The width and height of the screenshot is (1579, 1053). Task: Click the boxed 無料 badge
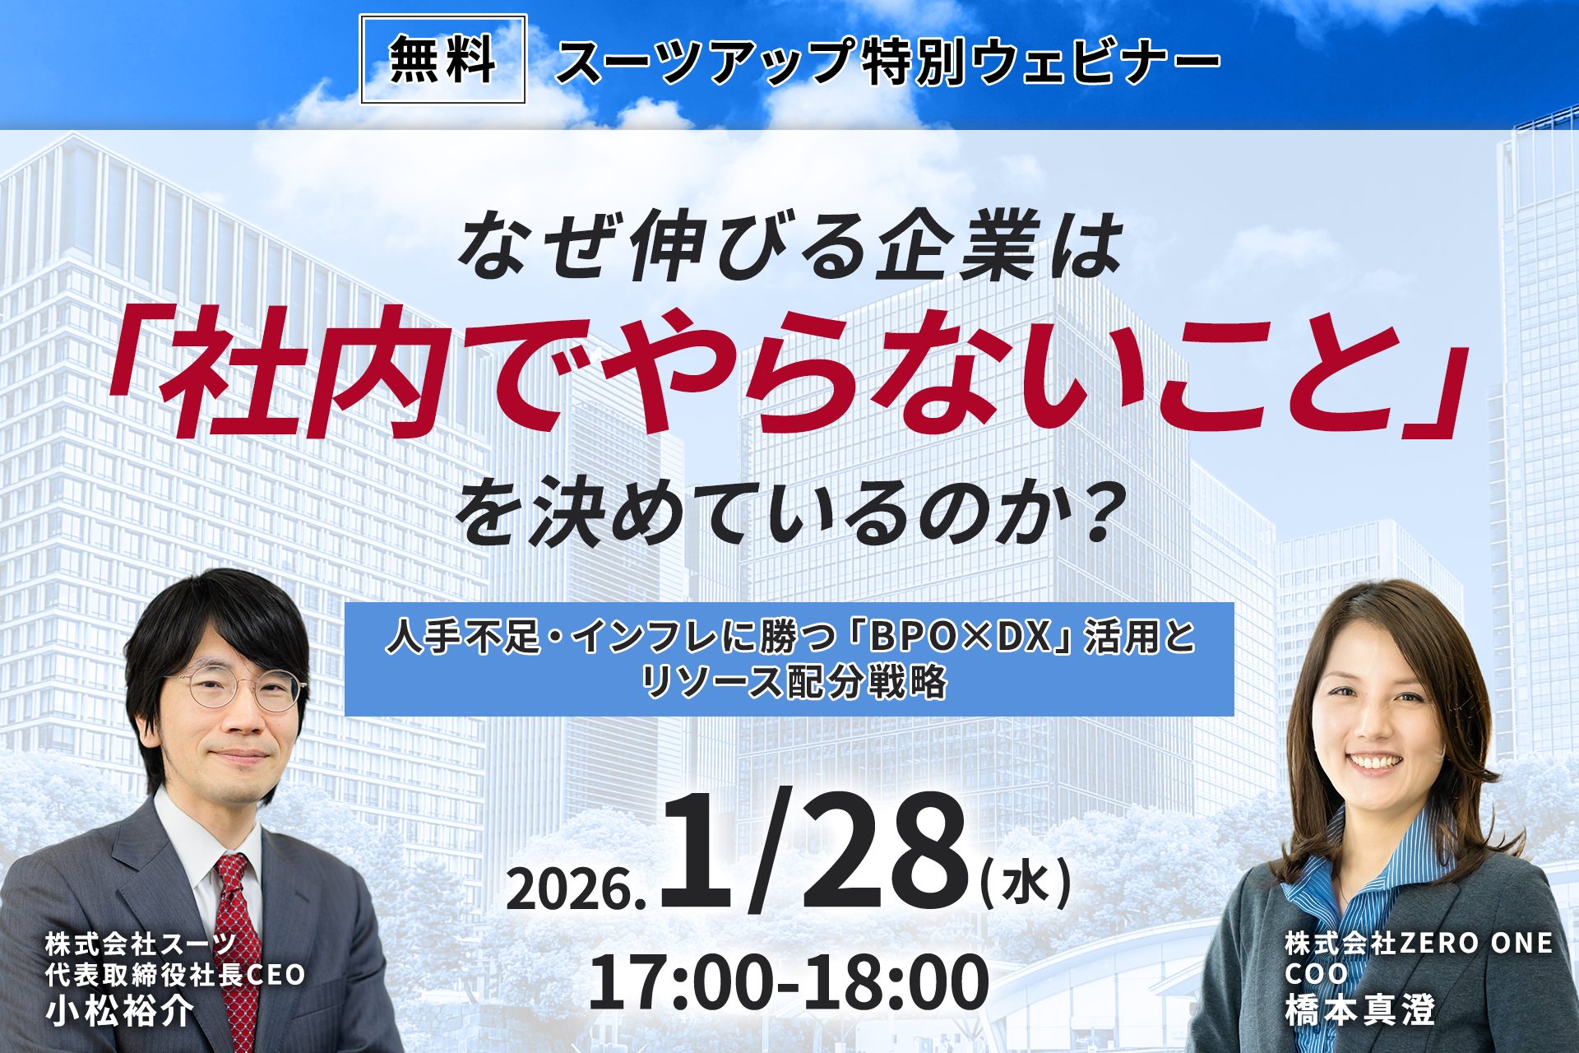coord(442,59)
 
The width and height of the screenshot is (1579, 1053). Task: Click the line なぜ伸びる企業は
coord(789,244)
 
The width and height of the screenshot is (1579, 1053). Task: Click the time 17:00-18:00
coord(789,981)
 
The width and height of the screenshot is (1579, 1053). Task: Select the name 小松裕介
coord(119,1010)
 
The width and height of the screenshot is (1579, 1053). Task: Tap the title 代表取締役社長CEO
coord(175,975)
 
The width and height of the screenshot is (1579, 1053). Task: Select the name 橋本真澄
coord(1359,1010)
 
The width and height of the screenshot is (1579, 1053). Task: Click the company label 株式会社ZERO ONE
coord(1419,943)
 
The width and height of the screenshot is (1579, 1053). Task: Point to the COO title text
coord(1317,974)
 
